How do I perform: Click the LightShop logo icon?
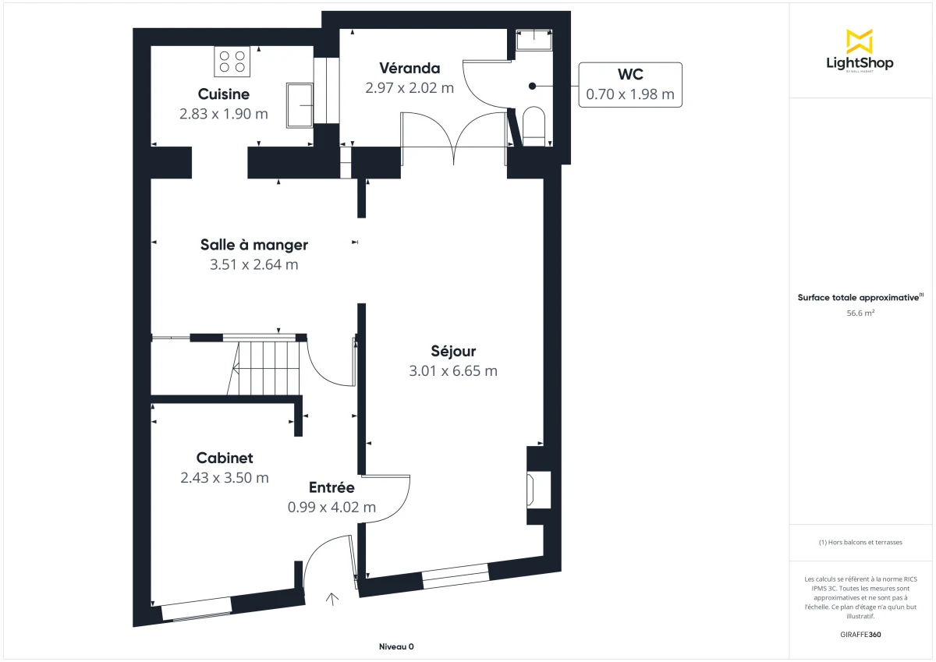click(859, 41)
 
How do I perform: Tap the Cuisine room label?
click(223, 94)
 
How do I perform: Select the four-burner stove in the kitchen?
click(232, 62)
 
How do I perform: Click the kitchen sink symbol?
click(300, 104)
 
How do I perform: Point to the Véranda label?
click(409, 68)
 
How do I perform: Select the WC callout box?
click(629, 84)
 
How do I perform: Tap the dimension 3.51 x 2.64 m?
click(253, 264)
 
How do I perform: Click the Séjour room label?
click(453, 351)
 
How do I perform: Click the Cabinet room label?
click(225, 458)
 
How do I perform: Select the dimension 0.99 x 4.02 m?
click(331, 507)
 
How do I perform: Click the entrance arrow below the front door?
click(332, 599)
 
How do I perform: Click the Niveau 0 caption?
click(396, 646)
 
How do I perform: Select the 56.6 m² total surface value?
click(860, 313)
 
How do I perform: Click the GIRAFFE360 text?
click(860, 634)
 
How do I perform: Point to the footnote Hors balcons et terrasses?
click(860, 542)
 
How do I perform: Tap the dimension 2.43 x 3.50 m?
click(225, 478)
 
